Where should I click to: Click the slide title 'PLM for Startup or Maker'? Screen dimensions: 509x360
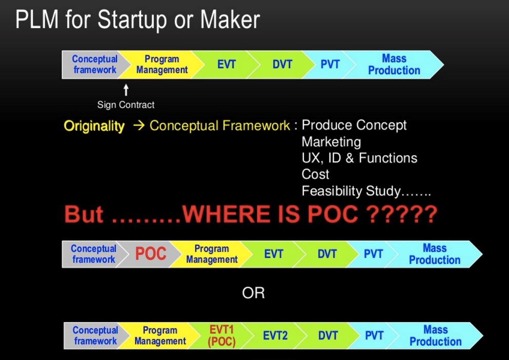pyautogui.click(x=138, y=20)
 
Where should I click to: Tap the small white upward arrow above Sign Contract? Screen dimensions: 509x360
pyautogui.click(x=126, y=90)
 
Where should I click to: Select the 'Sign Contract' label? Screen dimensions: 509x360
pyautogui.click(x=126, y=105)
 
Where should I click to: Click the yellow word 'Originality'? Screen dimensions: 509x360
pyautogui.click(x=94, y=126)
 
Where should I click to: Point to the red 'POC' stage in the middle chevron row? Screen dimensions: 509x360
pyautogui.click(x=151, y=253)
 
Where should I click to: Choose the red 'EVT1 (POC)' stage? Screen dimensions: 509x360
pyautogui.click(x=222, y=336)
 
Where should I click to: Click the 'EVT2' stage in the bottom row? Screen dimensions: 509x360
pyautogui.click(x=275, y=335)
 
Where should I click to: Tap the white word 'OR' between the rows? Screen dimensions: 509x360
pyautogui.click(x=253, y=293)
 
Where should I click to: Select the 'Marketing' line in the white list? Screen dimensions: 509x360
pyautogui.click(x=331, y=142)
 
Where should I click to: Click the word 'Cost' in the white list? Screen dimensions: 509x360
pyautogui.click(x=315, y=175)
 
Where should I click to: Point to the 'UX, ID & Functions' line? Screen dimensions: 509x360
pyautogui.click(x=359, y=158)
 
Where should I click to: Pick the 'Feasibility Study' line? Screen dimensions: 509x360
pyautogui.click(x=366, y=191)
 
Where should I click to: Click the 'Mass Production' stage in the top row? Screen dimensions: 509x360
pyautogui.click(x=394, y=65)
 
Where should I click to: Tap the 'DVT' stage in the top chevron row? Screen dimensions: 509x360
pyautogui.click(x=282, y=64)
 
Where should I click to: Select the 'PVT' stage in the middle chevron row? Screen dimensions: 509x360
pyautogui.click(x=373, y=254)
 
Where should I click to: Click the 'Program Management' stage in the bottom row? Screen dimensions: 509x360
pyautogui.click(x=160, y=336)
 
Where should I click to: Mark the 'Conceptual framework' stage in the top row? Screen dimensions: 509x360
pyautogui.click(x=95, y=64)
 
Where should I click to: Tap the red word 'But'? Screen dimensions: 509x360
pyautogui.click(x=84, y=215)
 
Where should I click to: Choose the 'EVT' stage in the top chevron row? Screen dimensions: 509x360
pyautogui.click(x=226, y=64)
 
